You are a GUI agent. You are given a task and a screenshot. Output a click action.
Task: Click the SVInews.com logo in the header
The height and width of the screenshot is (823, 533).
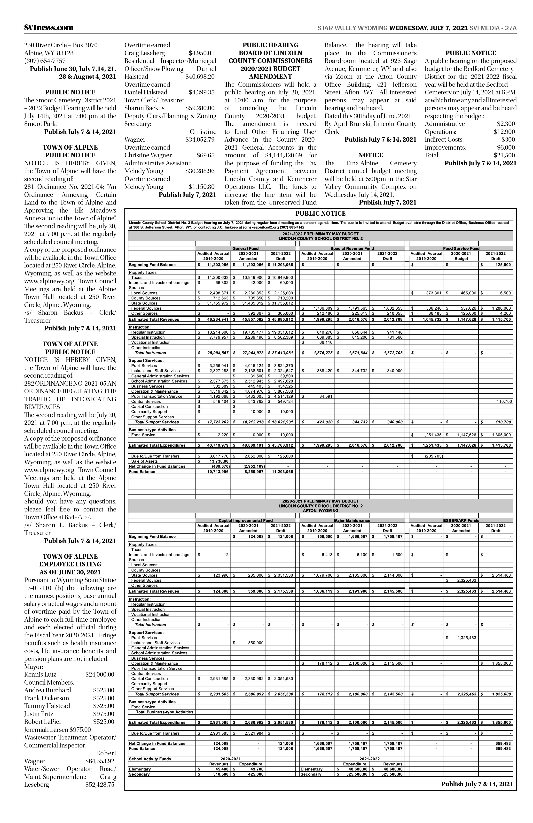pyautogui.click(x=49, y=28)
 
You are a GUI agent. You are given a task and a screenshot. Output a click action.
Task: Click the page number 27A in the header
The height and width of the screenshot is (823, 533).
pyautogui.click(x=511, y=28)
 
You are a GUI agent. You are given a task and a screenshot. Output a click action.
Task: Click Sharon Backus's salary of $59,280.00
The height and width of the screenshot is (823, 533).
pyautogui.click(x=200, y=108)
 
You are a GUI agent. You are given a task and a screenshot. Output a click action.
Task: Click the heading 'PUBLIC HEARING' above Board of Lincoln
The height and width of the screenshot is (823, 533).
pyautogui.click(x=270, y=45)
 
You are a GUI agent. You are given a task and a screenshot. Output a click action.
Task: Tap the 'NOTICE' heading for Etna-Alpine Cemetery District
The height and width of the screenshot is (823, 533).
pyautogui.click(x=370, y=155)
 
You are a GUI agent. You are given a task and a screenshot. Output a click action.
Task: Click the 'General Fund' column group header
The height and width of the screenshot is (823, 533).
pyautogui.click(x=245, y=248)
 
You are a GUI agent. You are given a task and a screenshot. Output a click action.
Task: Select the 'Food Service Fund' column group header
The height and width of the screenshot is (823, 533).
pyautogui.click(x=461, y=248)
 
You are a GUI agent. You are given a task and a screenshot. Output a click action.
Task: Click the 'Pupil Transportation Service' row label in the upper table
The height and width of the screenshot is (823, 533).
pyautogui.click(x=157, y=396)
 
